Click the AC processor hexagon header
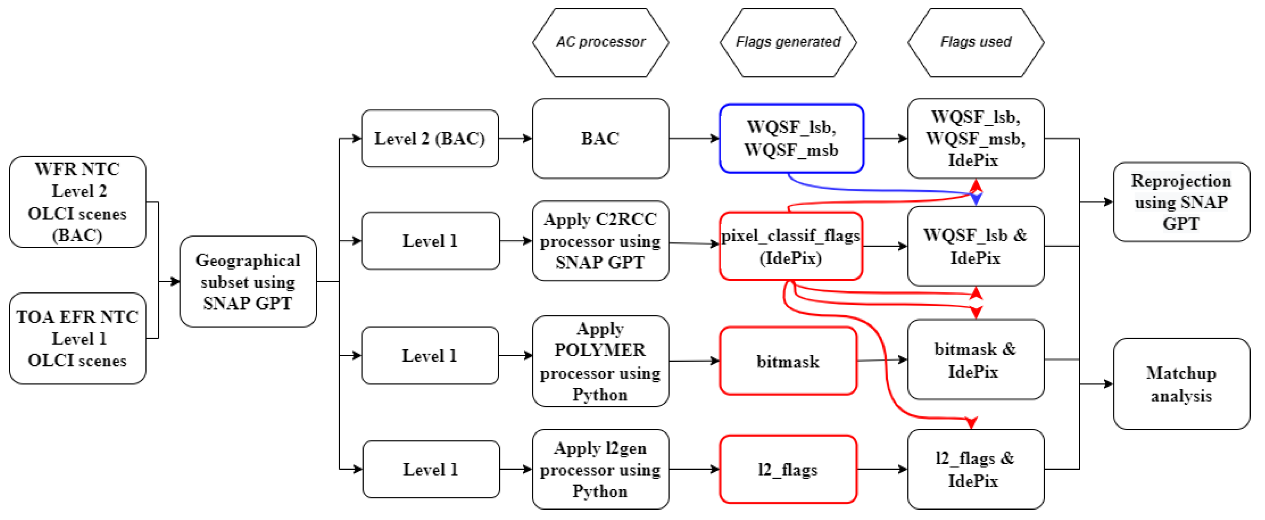pyautogui.click(x=600, y=42)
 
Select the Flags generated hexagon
pyautogui.click(x=788, y=42)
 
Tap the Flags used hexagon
pyautogui.click(x=975, y=42)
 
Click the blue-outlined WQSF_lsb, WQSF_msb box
pyautogui.click(x=791, y=138)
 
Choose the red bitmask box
pyautogui.click(x=788, y=361)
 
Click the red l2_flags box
pyautogui.click(x=788, y=469)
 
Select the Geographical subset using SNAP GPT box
pyautogui.click(x=248, y=281)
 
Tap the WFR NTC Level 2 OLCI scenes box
pyautogui.click(x=78, y=202)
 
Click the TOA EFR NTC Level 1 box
pyautogui.click(x=78, y=338)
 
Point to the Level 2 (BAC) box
pyautogui.click(x=430, y=138)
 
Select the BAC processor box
pyautogui.click(x=600, y=138)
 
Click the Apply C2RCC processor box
pyautogui.click(x=600, y=241)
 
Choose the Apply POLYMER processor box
pyautogui.click(x=600, y=361)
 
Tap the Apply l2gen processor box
pyautogui.click(x=600, y=469)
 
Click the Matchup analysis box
pyautogui.click(x=1181, y=384)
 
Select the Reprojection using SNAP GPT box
pyautogui.click(x=1181, y=202)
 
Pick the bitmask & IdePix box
pyautogui.click(x=975, y=359)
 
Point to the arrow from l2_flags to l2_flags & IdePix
pyautogui.click(x=882, y=469)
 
